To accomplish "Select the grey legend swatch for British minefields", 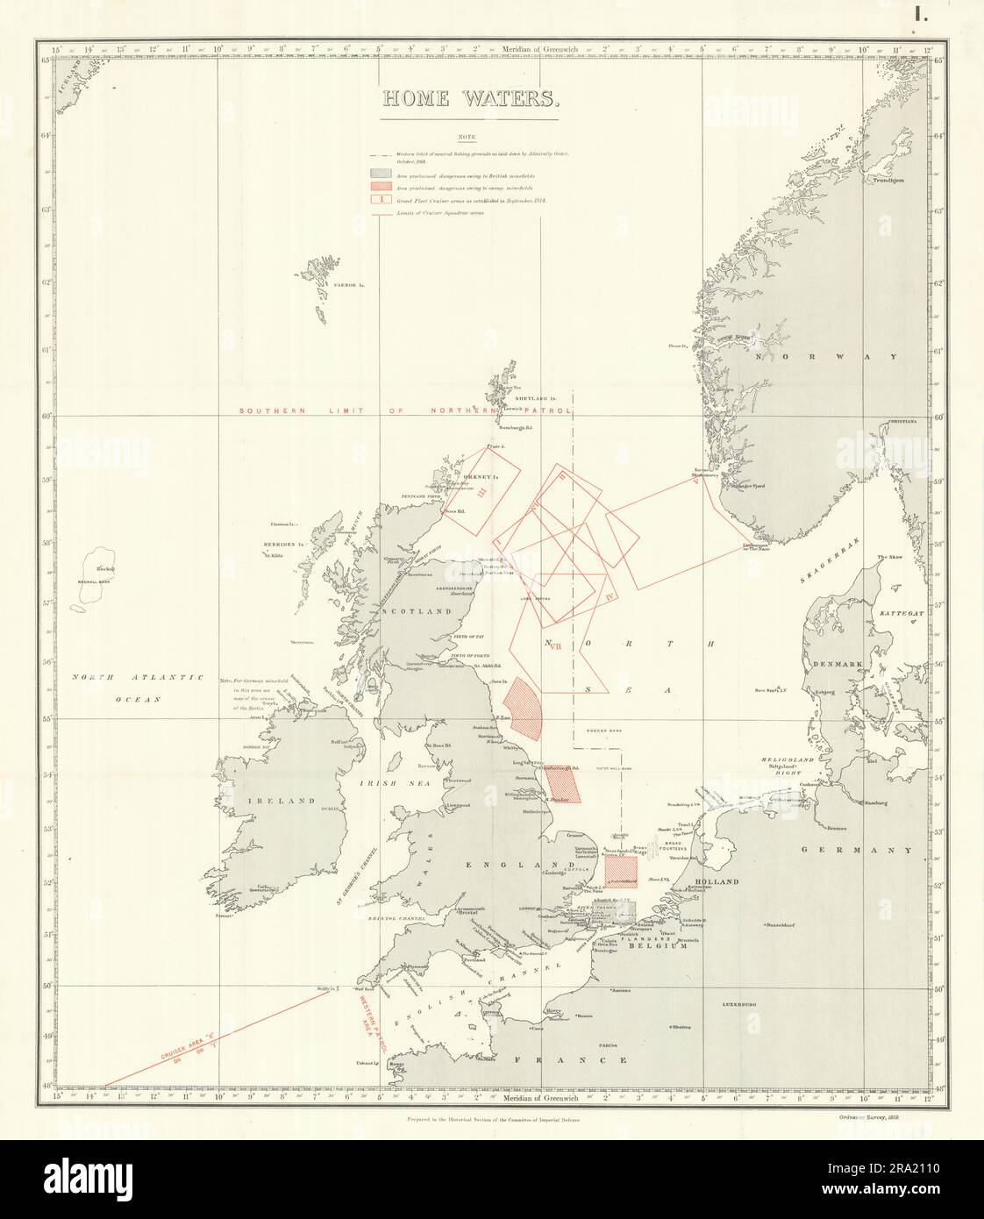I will (379, 175).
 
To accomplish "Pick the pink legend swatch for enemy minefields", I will (379, 188).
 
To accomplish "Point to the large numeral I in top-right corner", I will (921, 14).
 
